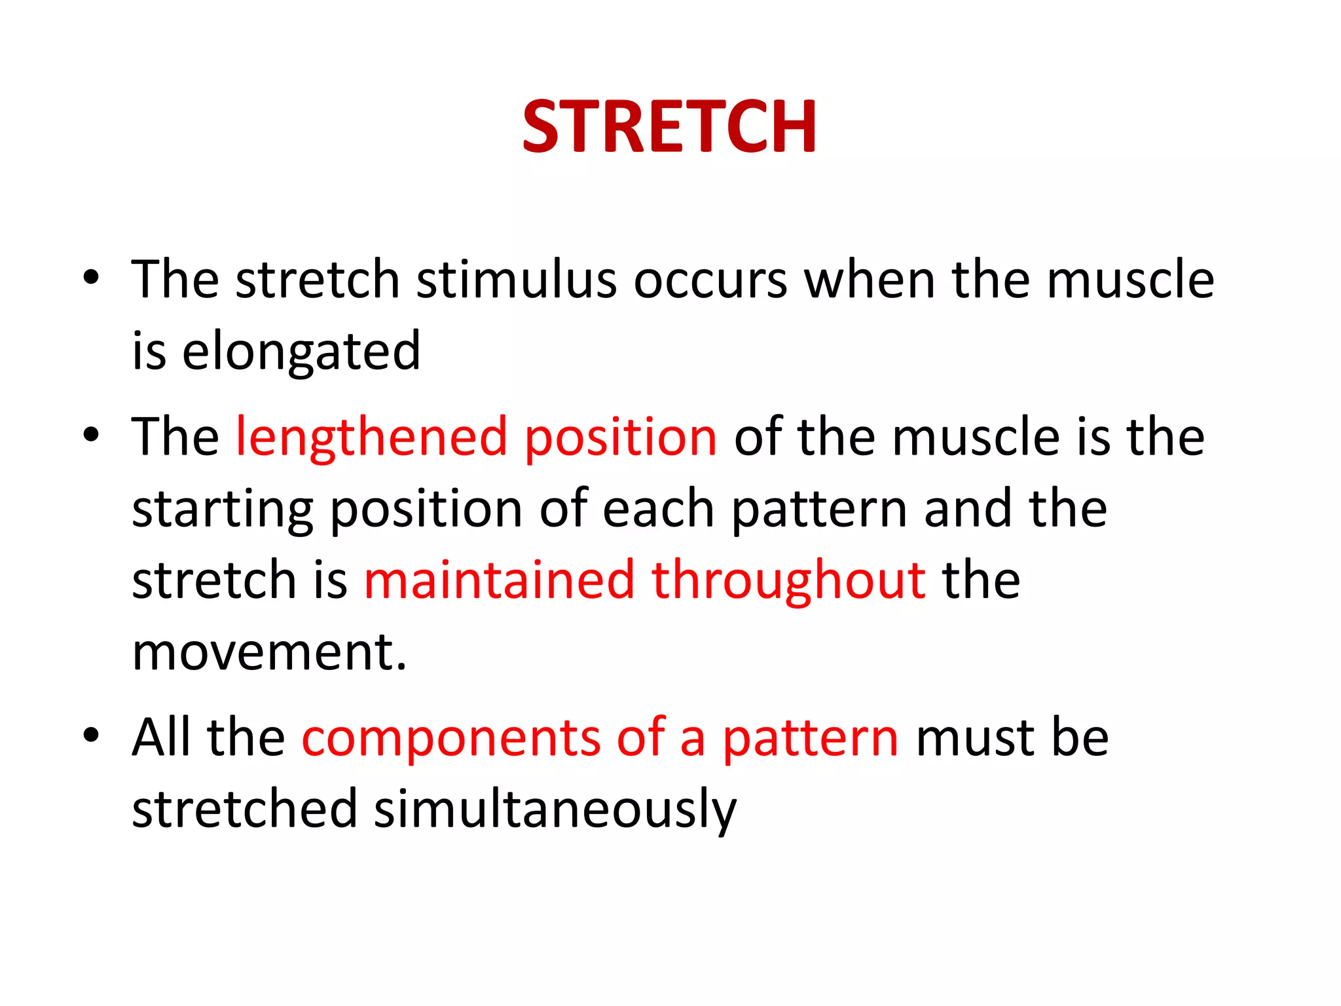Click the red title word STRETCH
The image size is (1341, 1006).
[669, 127]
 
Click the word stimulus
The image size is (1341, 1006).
[517, 280]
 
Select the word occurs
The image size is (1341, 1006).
[710, 280]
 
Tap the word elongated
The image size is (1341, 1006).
[301, 352]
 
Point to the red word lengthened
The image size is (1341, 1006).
[371, 437]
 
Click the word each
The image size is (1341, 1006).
[658, 509]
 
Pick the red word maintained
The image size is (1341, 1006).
[499, 580]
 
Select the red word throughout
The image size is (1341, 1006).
[788, 580]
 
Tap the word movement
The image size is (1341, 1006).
[269, 652]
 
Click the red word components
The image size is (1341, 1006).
[450, 738]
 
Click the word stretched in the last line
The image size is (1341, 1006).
[244, 810]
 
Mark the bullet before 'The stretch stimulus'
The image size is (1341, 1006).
[91, 277]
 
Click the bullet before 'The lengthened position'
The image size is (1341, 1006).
[91, 434]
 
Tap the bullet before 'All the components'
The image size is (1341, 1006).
[91, 735]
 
